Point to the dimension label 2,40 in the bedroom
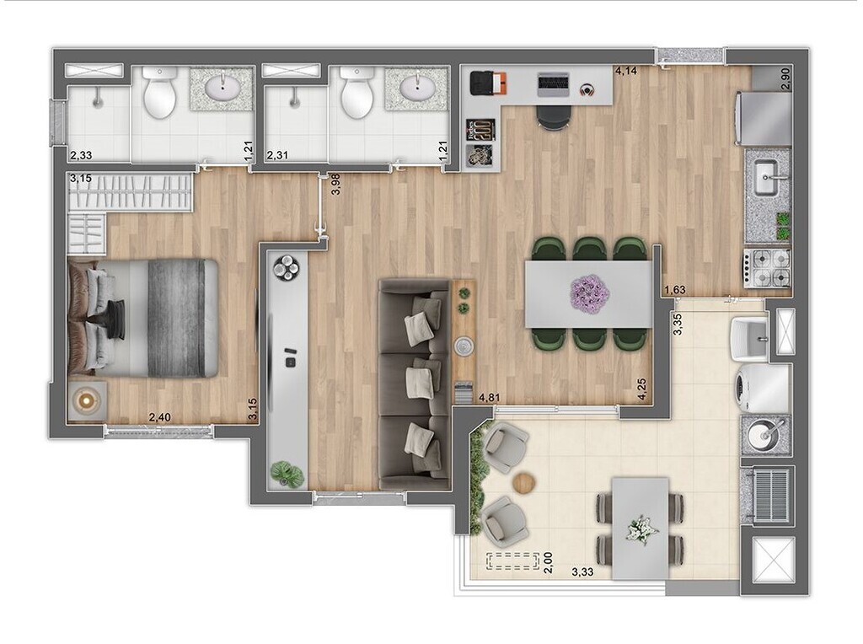(160, 416)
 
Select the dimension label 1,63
(674, 291)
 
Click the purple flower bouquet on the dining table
(590, 292)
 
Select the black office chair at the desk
(553, 115)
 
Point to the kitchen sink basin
(768, 179)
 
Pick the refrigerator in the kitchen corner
(764, 118)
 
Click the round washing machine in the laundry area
(764, 387)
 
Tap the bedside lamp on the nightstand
(87, 401)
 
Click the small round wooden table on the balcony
(525, 482)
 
